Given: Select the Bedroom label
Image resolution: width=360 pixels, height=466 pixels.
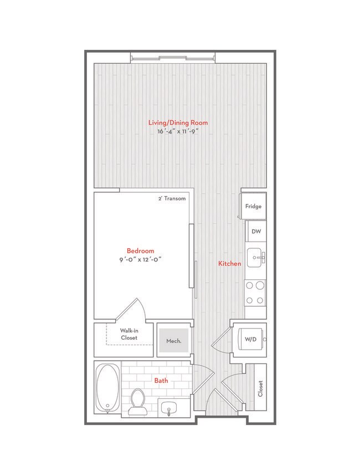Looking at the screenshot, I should point(140,250).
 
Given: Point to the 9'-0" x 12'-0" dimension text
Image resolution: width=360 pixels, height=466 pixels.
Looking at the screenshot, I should point(140,259).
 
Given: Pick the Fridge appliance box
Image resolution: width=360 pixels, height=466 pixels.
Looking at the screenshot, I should point(253,206).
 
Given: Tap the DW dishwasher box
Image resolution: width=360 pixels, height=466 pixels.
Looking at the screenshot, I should point(256,232).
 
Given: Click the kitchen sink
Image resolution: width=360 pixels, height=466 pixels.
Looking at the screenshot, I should point(256,257).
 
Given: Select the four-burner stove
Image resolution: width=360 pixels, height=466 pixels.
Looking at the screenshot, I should point(255,293).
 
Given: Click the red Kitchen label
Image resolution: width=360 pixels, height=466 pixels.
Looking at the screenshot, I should point(229,264).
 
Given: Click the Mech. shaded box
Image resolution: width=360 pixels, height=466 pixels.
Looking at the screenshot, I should point(174,341).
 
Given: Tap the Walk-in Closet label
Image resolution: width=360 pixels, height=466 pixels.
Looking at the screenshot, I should point(128,334).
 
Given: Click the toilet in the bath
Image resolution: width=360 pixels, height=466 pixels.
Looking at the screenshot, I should point(137,402).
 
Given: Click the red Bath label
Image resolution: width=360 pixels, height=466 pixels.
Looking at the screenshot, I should point(161,381).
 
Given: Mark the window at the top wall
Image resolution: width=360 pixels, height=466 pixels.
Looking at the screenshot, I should point(172,57).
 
